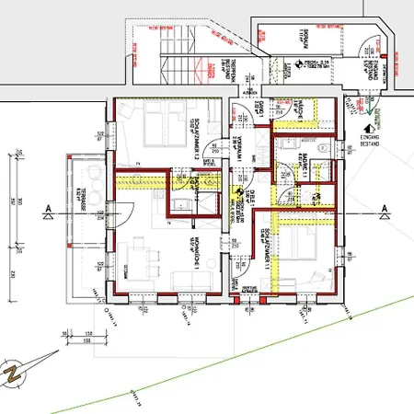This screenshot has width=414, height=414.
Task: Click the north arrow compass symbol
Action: [15, 372]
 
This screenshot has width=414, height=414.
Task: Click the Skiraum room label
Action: [303, 37]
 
